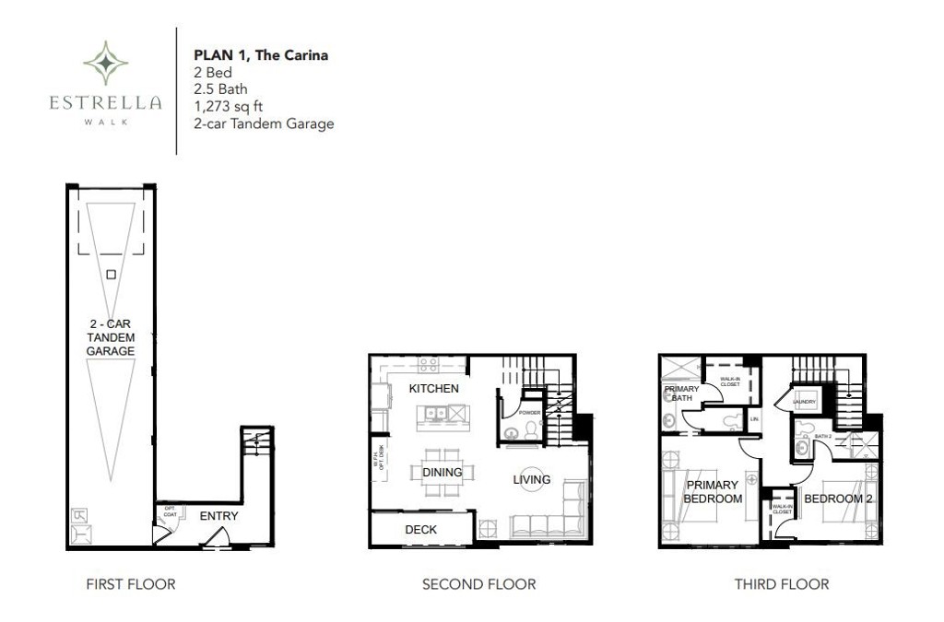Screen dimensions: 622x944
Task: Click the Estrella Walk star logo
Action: (x=106, y=63)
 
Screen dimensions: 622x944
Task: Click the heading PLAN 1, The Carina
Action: (x=261, y=55)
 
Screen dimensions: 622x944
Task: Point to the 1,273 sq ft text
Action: (x=227, y=106)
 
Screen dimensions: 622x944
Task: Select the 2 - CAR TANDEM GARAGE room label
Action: (x=111, y=337)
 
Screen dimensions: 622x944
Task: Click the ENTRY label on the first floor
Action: (x=218, y=516)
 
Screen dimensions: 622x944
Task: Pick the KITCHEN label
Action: (x=433, y=389)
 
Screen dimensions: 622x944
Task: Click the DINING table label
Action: (x=442, y=473)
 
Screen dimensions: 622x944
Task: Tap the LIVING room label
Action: (x=532, y=479)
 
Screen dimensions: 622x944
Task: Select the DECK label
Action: (x=420, y=530)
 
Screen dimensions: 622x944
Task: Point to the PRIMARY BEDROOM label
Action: (x=713, y=492)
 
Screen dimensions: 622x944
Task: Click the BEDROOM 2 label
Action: (x=839, y=499)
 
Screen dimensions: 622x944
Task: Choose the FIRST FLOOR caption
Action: (x=130, y=584)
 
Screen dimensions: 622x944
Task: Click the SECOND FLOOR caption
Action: (x=478, y=584)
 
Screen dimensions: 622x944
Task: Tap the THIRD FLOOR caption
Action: (x=781, y=584)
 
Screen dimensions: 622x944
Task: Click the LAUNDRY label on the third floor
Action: (x=805, y=403)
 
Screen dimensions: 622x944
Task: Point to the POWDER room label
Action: (x=529, y=413)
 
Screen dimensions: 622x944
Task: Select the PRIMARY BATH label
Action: (x=682, y=393)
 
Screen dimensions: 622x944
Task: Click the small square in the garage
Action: (x=111, y=274)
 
